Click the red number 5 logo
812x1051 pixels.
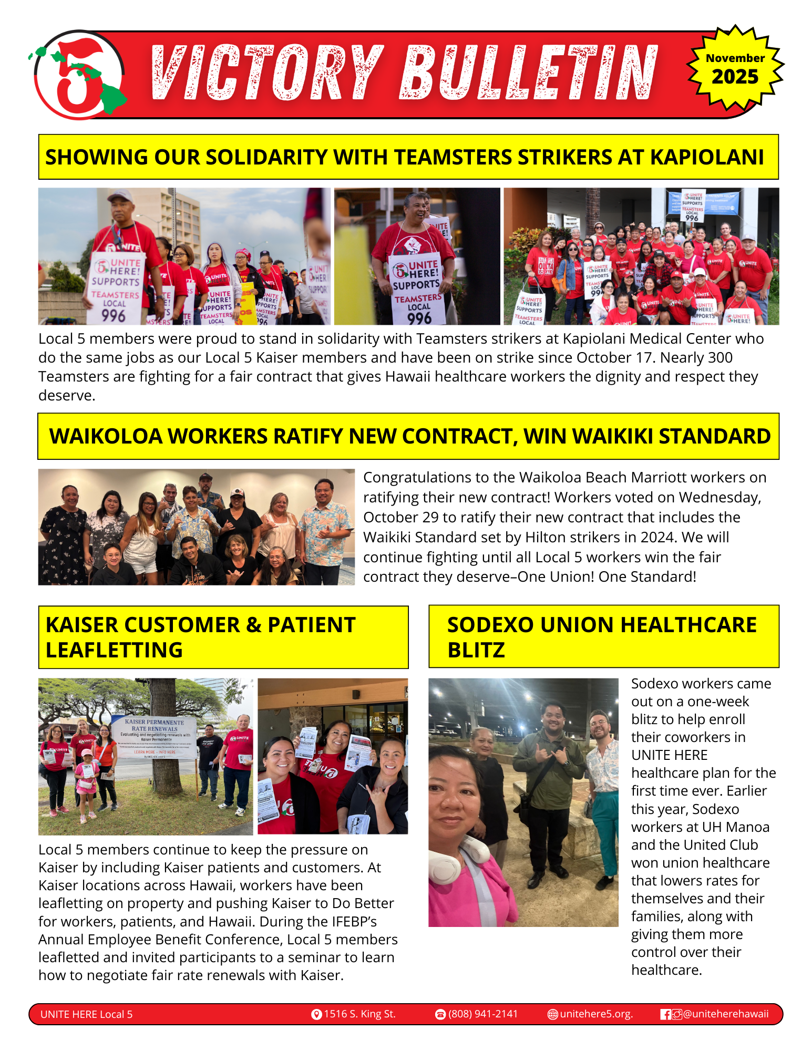pos(79,75)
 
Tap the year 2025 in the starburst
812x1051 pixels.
pos(735,77)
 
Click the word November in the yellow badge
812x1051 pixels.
pos(735,58)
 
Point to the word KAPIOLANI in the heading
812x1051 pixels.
pos(707,157)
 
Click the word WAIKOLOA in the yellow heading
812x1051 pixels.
pos(106,436)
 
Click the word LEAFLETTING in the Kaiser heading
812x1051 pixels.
pos(114,650)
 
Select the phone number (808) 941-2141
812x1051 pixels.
pos(483,1014)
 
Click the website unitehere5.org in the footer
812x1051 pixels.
pos(596,1014)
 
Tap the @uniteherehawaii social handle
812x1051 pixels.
pos(726,1014)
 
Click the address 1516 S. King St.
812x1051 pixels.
pos(359,1014)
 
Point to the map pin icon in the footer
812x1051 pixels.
pos(316,1014)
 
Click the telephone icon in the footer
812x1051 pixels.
pos(440,1014)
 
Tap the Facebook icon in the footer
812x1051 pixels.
pos(665,1014)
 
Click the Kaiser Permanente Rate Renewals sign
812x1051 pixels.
pos(155,736)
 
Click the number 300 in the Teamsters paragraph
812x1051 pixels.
pos(720,357)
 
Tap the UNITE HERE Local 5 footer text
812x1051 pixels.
pos(87,1014)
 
